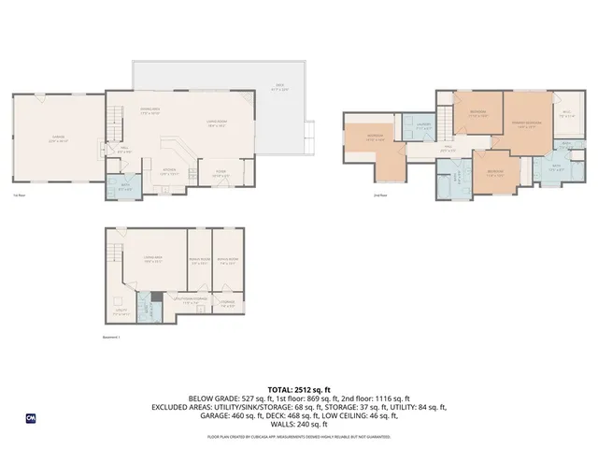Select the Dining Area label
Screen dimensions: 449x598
click(150, 111)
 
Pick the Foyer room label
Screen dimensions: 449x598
click(221, 172)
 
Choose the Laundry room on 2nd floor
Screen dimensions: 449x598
click(422, 128)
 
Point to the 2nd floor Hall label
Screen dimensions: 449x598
click(448, 149)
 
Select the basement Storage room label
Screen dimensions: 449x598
click(227, 302)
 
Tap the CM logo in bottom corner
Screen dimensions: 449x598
click(30, 418)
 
